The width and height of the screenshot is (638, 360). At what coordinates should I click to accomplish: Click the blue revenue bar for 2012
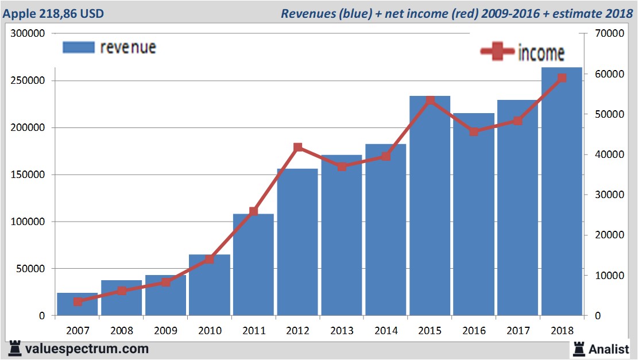(297, 242)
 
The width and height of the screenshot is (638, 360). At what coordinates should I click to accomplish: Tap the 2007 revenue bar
(78, 304)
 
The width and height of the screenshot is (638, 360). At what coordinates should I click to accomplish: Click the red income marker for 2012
(297, 148)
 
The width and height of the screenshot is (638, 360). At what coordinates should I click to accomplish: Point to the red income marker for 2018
(562, 78)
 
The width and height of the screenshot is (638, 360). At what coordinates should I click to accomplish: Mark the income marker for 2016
(474, 131)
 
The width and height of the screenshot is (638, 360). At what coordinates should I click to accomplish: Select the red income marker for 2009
(165, 282)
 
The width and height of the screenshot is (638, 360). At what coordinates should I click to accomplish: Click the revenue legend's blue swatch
(78, 47)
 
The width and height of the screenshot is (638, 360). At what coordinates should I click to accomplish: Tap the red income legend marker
(497, 52)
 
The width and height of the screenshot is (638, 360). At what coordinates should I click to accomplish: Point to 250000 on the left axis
(28, 81)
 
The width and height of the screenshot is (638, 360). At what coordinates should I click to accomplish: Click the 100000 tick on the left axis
(28, 222)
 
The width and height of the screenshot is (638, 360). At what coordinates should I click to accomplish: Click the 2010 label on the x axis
(210, 331)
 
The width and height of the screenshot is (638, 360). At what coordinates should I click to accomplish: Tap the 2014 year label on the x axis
(385, 331)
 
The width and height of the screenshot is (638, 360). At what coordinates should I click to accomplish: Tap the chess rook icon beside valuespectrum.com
(14, 348)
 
